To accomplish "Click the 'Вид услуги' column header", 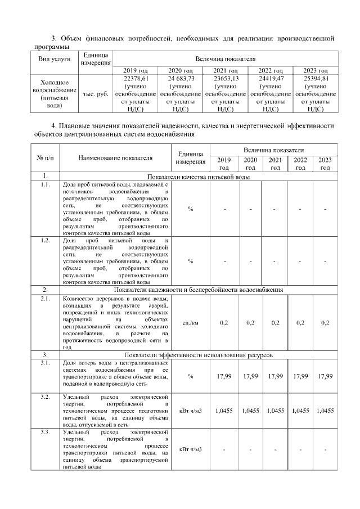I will (x=54, y=58).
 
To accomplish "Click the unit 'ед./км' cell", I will (x=191, y=323).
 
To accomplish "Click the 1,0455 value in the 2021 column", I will (x=275, y=411).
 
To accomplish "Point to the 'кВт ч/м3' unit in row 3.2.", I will (x=191, y=411).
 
